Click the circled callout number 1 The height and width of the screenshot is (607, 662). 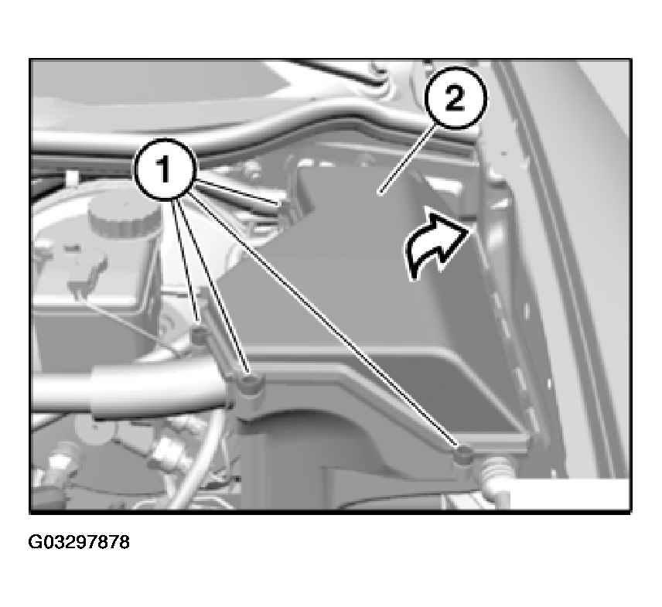[x=165, y=169]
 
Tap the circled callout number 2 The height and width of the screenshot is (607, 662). [x=455, y=98]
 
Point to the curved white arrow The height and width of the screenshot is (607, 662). [x=437, y=245]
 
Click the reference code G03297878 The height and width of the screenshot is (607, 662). [x=79, y=542]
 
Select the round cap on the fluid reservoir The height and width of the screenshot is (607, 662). [x=124, y=219]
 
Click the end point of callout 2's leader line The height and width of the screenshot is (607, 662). [x=380, y=194]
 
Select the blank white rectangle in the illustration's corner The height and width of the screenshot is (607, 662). [x=570, y=494]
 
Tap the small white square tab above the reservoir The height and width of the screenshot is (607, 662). [x=72, y=178]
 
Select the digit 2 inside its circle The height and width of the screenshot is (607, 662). [x=455, y=98]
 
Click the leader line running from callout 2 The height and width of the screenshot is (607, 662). [x=407, y=160]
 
